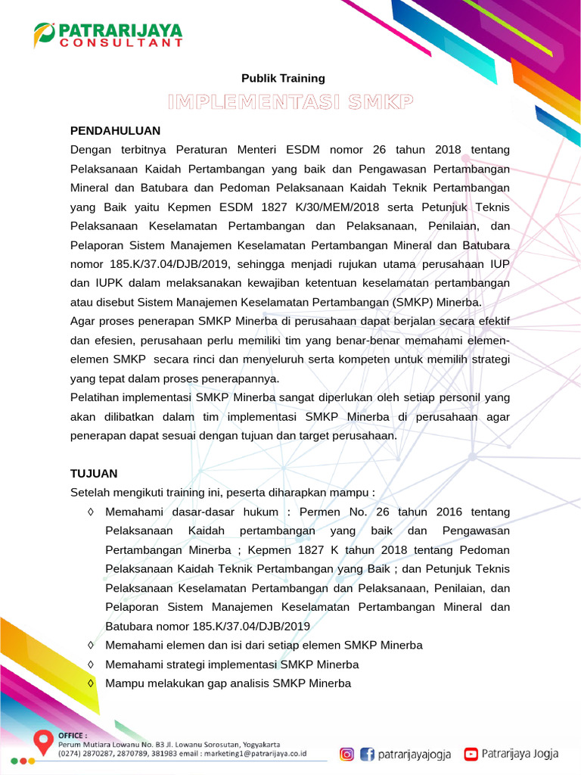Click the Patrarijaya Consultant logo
click(108, 34)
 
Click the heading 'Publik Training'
click(283, 78)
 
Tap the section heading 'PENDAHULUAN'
click(115, 130)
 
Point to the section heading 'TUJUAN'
click(94, 474)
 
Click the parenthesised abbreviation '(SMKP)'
click(414, 303)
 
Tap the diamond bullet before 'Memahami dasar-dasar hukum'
click(91, 512)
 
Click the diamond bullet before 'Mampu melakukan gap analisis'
click(91, 683)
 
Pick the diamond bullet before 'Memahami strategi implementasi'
click(91, 665)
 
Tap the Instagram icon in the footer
click(346, 754)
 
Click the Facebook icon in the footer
click(367, 754)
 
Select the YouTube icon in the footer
click(471, 754)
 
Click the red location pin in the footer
click(43, 741)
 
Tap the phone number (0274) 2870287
click(83, 754)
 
